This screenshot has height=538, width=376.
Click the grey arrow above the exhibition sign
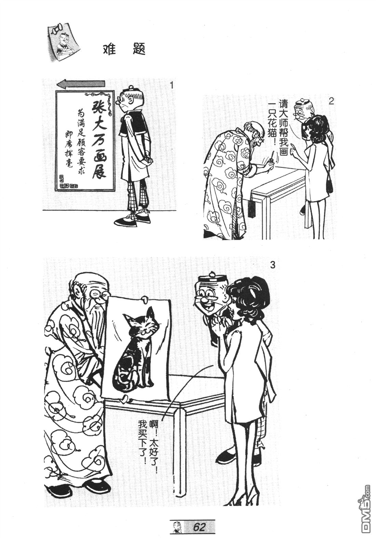[81, 84]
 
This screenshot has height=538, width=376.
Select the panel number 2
[331, 101]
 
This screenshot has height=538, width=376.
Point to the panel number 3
[272, 265]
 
